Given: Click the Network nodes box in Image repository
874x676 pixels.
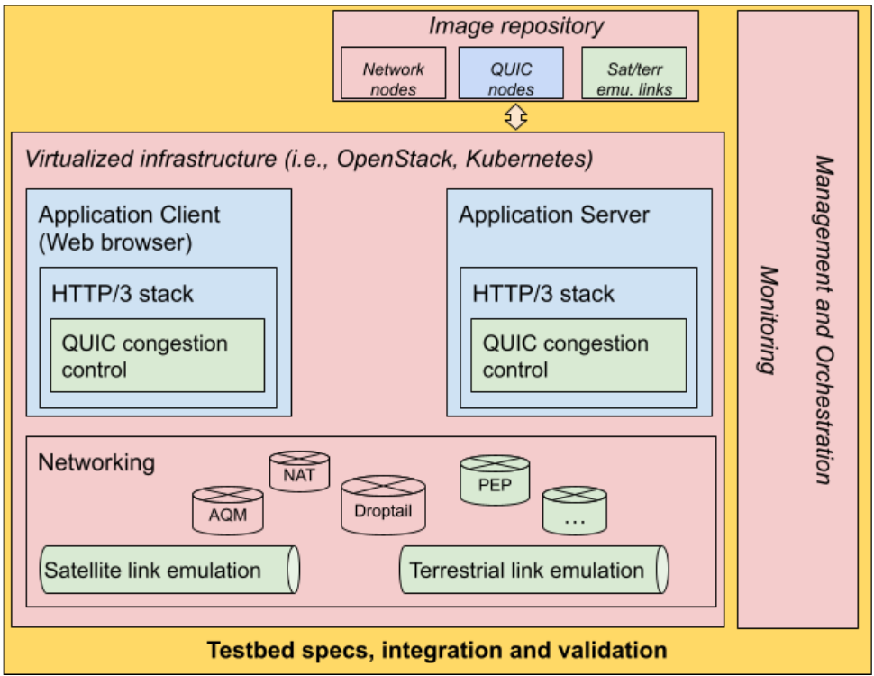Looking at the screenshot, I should click(x=394, y=73).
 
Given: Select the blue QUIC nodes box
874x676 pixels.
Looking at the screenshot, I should click(x=511, y=73).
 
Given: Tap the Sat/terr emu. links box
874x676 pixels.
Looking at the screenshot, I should click(x=633, y=73).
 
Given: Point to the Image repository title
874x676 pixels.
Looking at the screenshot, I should click(x=516, y=26).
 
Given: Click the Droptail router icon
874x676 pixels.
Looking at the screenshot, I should click(x=383, y=504).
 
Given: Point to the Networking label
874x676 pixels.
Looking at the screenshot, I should click(x=96, y=463).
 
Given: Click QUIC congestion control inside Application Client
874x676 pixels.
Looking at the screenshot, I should click(x=158, y=355).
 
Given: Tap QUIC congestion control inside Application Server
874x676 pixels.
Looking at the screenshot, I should click(x=578, y=355).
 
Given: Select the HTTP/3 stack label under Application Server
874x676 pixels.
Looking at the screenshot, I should click(x=543, y=294).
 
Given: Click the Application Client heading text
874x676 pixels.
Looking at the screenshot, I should click(x=129, y=215).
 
